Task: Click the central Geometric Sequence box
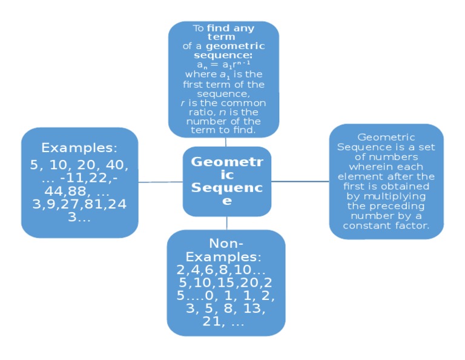[x=227, y=181]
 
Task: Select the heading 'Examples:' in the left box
[x=79, y=148]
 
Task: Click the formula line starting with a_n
[x=223, y=64]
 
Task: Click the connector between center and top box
[x=226, y=142]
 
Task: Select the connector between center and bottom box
[x=227, y=223]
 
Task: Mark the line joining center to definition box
[x=300, y=181]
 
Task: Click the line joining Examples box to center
[x=160, y=181]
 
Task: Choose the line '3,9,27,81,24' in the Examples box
[x=79, y=205]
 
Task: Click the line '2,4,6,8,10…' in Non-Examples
[x=221, y=270]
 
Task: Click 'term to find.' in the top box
[x=223, y=130]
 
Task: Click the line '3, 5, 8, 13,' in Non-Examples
[x=226, y=309]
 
